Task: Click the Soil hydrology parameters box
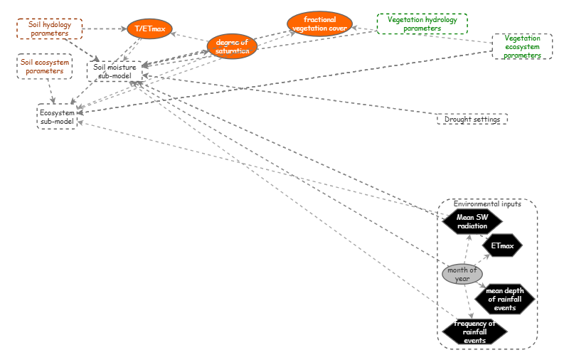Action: pos(50,29)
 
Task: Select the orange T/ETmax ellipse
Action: pos(150,29)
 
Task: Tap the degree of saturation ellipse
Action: pos(233,46)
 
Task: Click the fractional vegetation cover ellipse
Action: pos(320,23)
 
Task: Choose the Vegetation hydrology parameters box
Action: pos(422,24)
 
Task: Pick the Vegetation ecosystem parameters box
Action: pos(522,46)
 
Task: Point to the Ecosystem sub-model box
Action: pos(57,117)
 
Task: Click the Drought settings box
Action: pos(472,120)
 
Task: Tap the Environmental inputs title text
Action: pos(487,204)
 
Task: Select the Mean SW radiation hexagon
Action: pos(472,221)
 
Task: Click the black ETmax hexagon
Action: pos(502,247)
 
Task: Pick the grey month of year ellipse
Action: pos(462,274)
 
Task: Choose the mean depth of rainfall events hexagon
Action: pos(504,299)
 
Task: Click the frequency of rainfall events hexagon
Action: pos(474,332)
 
